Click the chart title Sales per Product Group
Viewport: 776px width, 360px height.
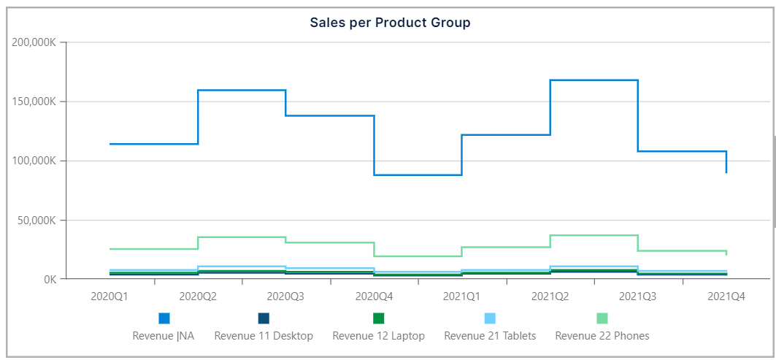pyautogui.click(x=390, y=23)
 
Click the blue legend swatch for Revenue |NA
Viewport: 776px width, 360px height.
pyautogui.click(x=164, y=318)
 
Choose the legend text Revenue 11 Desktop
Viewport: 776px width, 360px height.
pyautogui.click(x=264, y=336)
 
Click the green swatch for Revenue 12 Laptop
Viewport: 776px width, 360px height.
pyautogui.click(x=378, y=318)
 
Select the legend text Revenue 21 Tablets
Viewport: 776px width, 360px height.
pyautogui.click(x=490, y=336)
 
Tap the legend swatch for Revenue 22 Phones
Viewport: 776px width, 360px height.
pyautogui.click(x=602, y=318)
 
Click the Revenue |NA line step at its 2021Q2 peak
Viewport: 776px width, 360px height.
pyautogui.click(x=593, y=80)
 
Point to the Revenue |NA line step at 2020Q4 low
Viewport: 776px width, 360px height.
pyautogui.click(x=418, y=175)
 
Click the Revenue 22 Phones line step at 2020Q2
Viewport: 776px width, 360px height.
pyautogui.click(x=242, y=237)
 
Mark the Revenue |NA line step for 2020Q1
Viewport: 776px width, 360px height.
pyautogui.click(x=153, y=144)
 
